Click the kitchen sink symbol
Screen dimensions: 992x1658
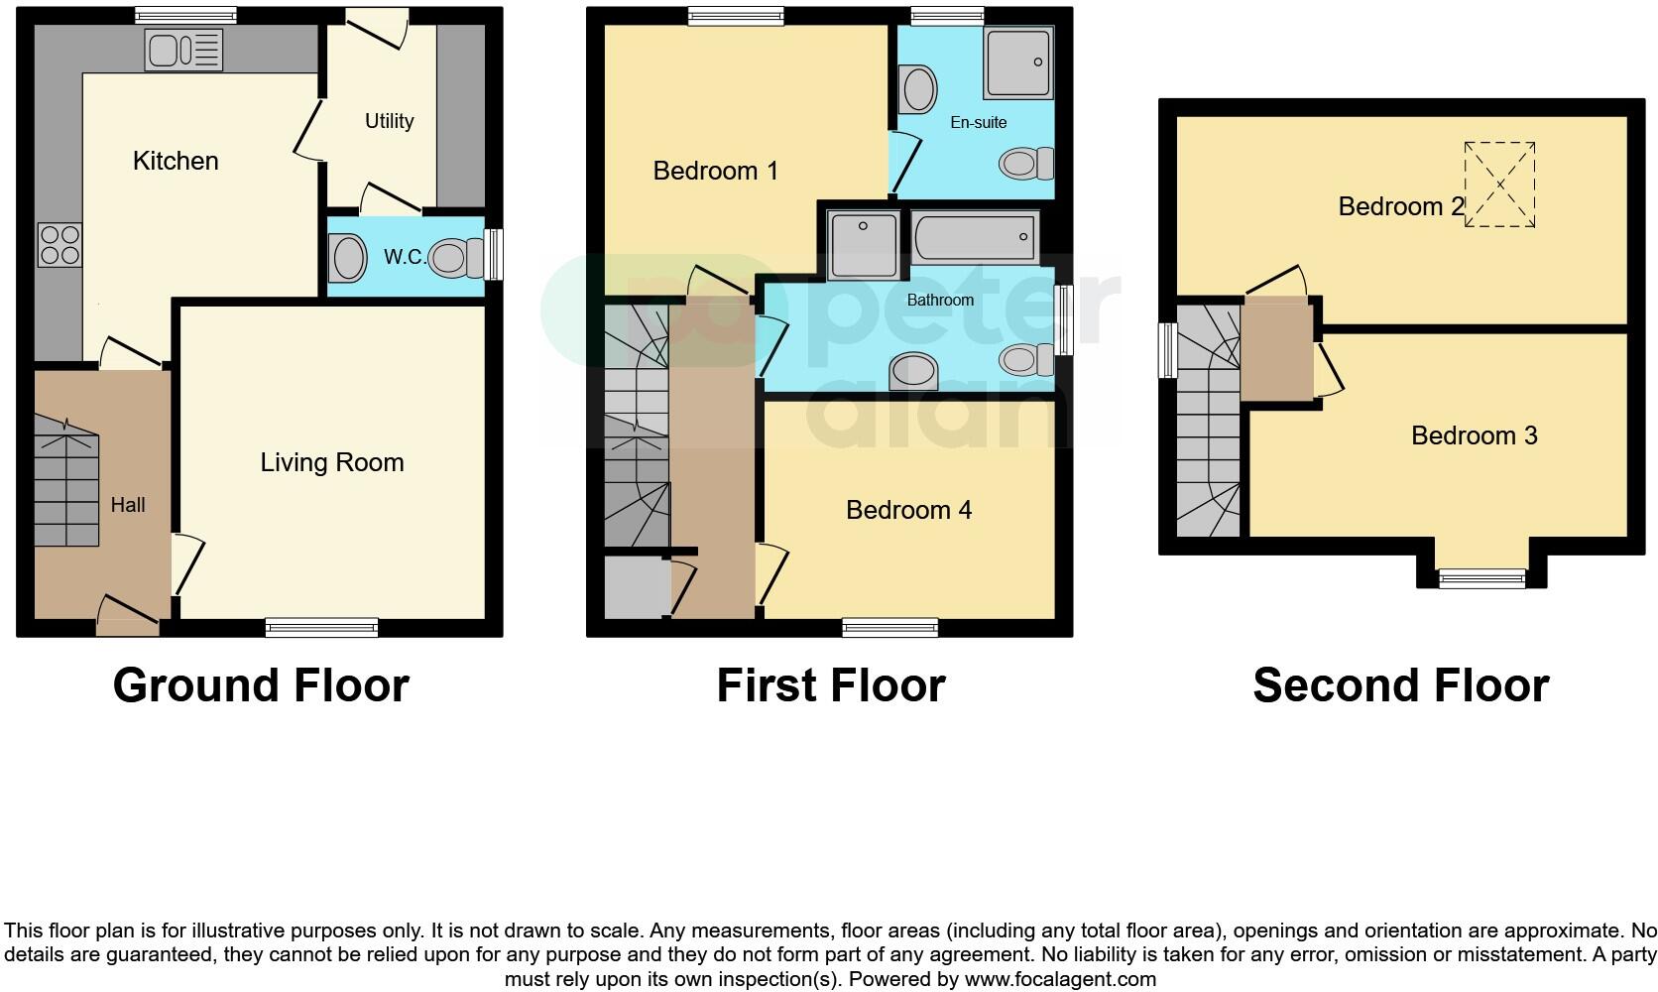coord(183,50)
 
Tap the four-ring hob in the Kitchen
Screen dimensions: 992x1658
coord(59,245)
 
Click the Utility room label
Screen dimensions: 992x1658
coord(389,121)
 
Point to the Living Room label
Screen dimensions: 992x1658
coord(331,462)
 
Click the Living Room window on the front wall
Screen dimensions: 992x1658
coord(321,627)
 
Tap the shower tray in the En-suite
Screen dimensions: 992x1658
coord(1018,62)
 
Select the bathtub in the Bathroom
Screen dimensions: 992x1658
coord(975,238)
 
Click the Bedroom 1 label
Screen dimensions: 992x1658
coord(715,171)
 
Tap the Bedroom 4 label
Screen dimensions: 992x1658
coord(908,510)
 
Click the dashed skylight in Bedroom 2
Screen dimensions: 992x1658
coord(1499,185)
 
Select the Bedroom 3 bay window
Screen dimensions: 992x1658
coord(1481,577)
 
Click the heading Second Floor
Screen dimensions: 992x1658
coord(1400,685)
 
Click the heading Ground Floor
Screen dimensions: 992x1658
coord(261,685)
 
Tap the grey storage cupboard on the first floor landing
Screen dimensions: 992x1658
coord(637,587)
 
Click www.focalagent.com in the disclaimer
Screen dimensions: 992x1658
coord(1060,980)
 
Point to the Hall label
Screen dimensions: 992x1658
coord(128,505)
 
